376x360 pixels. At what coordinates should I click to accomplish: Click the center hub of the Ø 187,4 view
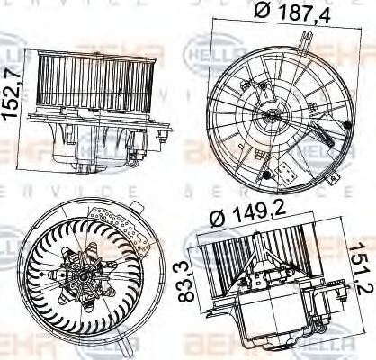point(274,115)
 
